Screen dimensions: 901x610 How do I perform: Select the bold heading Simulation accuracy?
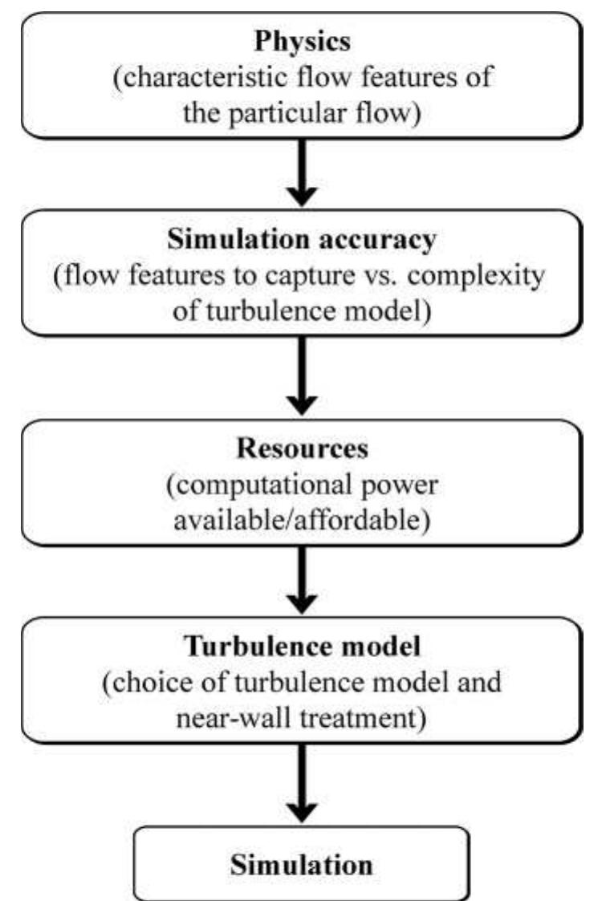[303, 239]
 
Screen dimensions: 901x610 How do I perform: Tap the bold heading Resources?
[303, 448]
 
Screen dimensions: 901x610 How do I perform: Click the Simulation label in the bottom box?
[302, 865]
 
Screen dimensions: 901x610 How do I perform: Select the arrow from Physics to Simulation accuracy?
[303, 173]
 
